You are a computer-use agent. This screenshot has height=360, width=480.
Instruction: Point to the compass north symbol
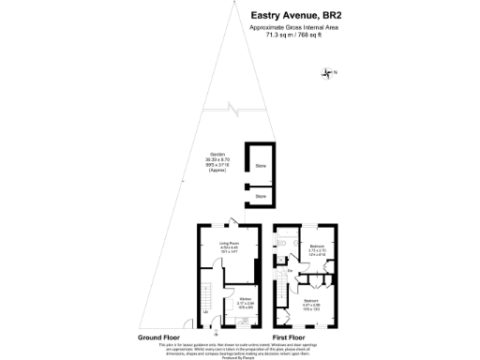(327, 73)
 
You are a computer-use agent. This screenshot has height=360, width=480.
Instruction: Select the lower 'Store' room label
(261, 196)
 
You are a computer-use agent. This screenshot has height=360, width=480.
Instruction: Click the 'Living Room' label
(230, 246)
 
